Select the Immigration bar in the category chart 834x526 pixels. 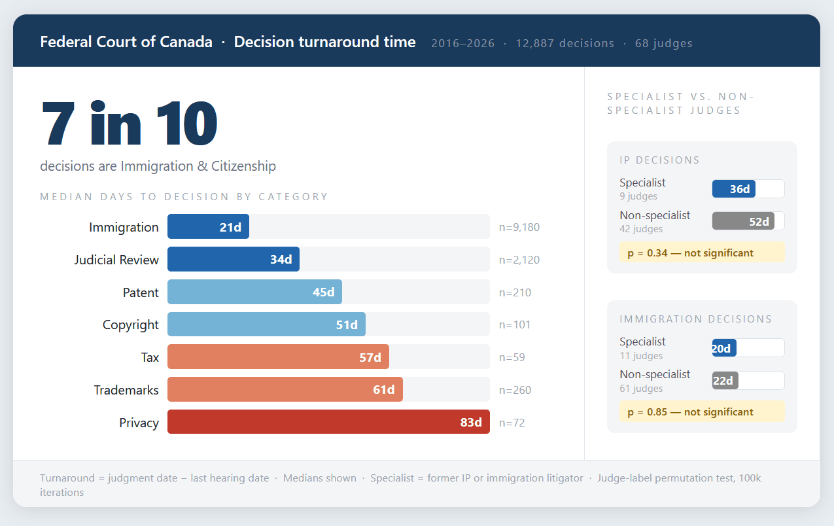tap(208, 227)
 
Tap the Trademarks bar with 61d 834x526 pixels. tap(285, 390)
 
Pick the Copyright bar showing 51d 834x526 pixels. tap(266, 324)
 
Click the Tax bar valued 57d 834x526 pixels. tap(278, 357)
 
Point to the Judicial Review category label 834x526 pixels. tap(116, 260)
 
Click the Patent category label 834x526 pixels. tap(141, 292)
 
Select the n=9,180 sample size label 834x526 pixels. tap(519, 228)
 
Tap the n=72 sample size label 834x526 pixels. tap(512, 423)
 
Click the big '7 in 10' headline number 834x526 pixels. tap(129, 124)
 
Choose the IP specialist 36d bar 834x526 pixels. tap(734, 189)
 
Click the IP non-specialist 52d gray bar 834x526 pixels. tap(743, 222)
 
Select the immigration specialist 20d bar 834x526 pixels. tap(724, 348)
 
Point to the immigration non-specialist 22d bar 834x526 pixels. tap(725, 381)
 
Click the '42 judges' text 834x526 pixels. tap(641, 229)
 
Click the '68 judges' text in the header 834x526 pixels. tap(663, 44)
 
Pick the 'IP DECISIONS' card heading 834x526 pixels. tap(659, 160)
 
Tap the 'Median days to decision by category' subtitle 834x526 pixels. tap(184, 197)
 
